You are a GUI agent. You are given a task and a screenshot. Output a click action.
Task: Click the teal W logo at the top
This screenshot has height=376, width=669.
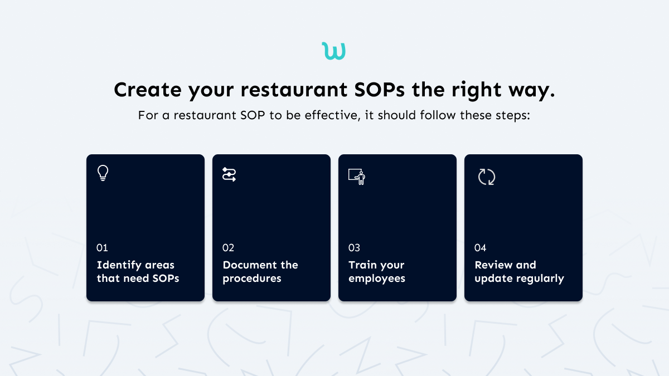click(x=334, y=51)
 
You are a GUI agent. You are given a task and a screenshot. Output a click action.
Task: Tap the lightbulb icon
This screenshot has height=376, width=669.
click(x=103, y=173)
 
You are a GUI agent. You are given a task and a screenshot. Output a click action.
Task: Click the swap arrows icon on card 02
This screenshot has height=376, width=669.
click(x=229, y=174)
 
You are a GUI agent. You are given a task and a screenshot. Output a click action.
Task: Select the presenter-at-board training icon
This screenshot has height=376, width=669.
click(x=357, y=176)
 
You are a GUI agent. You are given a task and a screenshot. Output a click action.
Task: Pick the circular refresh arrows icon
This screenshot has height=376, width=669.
click(x=487, y=177)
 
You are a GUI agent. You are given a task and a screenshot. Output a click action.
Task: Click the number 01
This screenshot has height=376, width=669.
click(x=102, y=248)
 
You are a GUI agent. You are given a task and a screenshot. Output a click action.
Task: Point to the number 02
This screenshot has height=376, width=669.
click(x=229, y=248)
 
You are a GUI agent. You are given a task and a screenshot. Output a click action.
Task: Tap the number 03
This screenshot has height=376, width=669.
click(x=355, y=248)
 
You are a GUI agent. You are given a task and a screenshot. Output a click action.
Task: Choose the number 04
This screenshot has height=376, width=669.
click(x=481, y=248)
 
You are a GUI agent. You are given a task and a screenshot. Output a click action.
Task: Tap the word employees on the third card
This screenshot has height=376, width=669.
click(x=377, y=279)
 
